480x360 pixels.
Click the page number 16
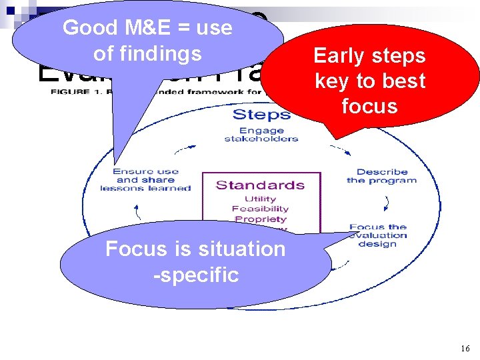pos(465,349)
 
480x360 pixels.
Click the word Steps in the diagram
pos(261,114)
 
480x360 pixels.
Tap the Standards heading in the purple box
pos(260,185)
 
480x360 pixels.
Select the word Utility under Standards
pos(260,199)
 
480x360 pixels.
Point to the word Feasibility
pos(260,209)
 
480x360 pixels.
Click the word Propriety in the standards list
pos(260,219)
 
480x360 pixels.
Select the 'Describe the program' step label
pos(381,176)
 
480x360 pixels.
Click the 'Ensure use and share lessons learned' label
pos(145,179)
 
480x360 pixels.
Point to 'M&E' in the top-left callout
pos(153,28)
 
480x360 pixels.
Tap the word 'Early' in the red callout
pos(338,55)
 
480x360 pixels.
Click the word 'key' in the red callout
pos(331,81)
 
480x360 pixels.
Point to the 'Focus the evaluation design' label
pos(379,235)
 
